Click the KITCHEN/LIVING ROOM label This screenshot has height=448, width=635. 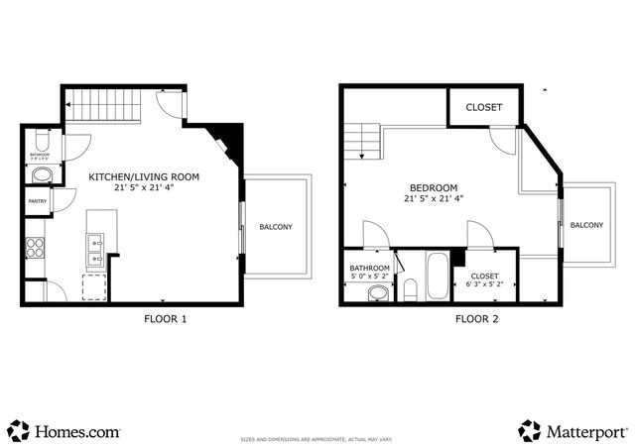(144, 177)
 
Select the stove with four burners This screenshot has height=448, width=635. (35, 247)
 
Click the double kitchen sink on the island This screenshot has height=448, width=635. (96, 251)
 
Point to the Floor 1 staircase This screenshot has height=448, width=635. (100, 100)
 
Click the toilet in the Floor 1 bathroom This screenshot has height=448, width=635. (41, 175)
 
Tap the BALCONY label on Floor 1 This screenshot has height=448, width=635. (276, 227)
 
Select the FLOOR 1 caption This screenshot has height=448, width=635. (166, 319)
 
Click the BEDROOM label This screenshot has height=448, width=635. (434, 188)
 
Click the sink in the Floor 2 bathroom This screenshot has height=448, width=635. (376, 293)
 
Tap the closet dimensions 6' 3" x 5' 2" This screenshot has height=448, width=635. (484, 285)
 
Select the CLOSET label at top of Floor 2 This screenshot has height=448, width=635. (483, 107)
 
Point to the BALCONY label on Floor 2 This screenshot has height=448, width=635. (586, 225)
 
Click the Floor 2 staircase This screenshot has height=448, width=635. (363, 140)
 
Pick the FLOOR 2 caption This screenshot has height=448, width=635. (478, 319)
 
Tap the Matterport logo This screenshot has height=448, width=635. (572, 431)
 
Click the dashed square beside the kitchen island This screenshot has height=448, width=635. (95, 287)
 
